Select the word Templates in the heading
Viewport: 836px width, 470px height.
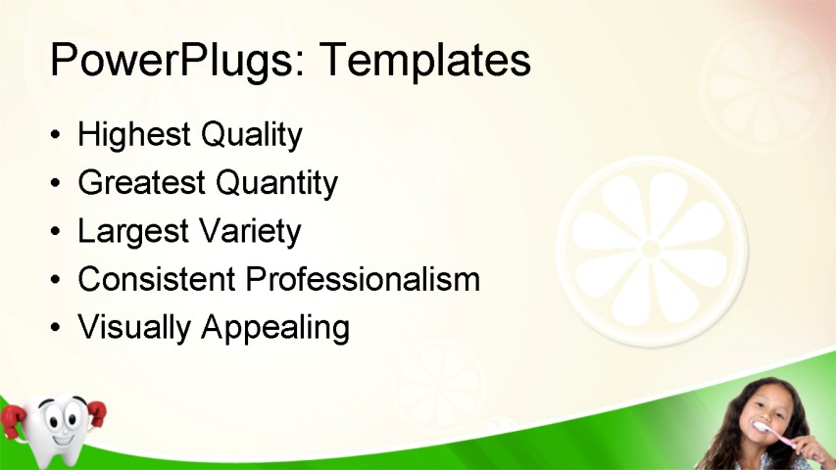click(x=425, y=60)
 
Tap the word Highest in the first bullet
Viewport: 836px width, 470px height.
click(x=134, y=135)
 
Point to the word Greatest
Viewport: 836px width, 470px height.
click(x=141, y=183)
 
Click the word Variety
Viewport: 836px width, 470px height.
click(x=250, y=232)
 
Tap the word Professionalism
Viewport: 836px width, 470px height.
click(x=363, y=280)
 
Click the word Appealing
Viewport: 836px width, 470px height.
click(x=275, y=328)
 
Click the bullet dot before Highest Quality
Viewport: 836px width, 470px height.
click(x=57, y=136)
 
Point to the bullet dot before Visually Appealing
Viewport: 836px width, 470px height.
click(x=57, y=328)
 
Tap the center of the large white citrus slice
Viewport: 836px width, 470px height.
click(x=651, y=249)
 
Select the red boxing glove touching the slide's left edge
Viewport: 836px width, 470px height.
click(x=11, y=421)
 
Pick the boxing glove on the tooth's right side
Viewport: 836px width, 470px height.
click(x=95, y=415)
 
